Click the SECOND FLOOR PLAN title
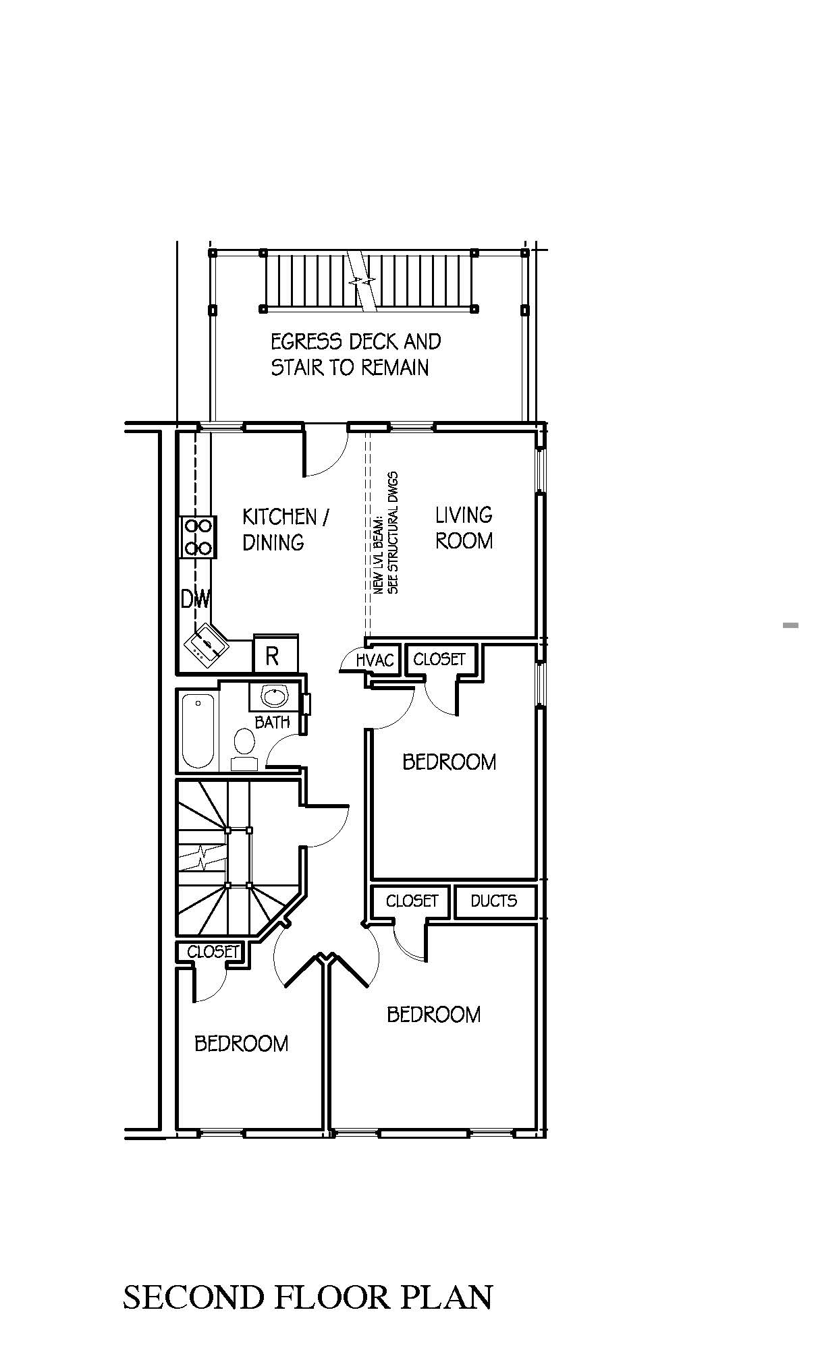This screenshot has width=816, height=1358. click(x=308, y=1297)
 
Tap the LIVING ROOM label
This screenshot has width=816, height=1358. click(x=464, y=528)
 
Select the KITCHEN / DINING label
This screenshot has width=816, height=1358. click(x=285, y=530)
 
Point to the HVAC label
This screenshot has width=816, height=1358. click(x=375, y=659)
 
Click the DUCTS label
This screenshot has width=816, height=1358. click(x=493, y=901)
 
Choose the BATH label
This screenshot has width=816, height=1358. click(x=272, y=722)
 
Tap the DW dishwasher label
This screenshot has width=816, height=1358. click(x=196, y=599)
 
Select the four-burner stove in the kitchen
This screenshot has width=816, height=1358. click(x=198, y=537)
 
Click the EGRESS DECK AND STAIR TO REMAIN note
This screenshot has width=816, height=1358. click(x=356, y=354)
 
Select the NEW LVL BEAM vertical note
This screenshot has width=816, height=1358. click(x=386, y=533)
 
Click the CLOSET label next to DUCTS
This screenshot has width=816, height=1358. click(x=412, y=901)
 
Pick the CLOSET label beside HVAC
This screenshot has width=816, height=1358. click(x=439, y=658)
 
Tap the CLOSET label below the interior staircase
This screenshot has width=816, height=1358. click(x=213, y=951)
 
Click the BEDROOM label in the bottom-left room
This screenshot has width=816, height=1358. click(x=241, y=1044)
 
